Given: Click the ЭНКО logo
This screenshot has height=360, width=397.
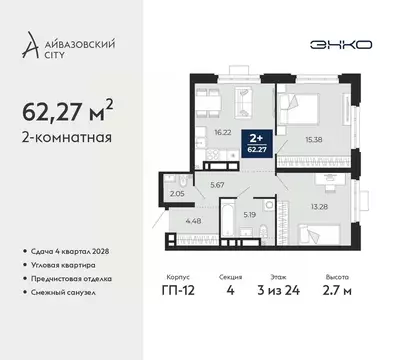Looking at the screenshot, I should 337,45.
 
